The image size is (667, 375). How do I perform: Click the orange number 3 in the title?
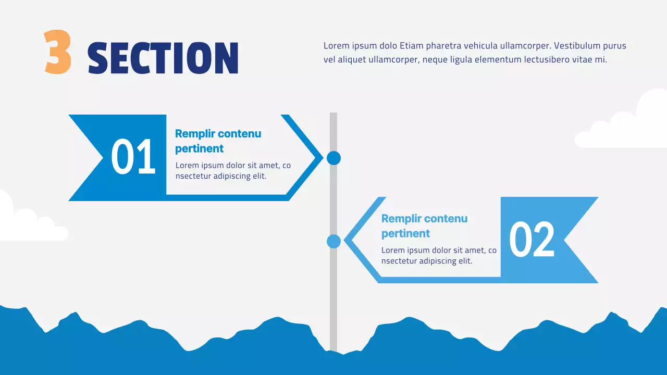click(57, 52)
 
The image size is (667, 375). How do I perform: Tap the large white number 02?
click(532, 240)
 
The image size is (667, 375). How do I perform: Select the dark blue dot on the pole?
click(333, 158)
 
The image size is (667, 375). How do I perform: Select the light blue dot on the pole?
click(333, 241)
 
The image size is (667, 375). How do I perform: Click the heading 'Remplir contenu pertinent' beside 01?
click(218, 141)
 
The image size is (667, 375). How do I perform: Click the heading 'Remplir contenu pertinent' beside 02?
click(424, 226)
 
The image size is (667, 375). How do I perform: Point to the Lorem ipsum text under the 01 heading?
click(233, 171)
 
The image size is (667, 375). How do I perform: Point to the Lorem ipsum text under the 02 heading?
click(439, 256)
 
